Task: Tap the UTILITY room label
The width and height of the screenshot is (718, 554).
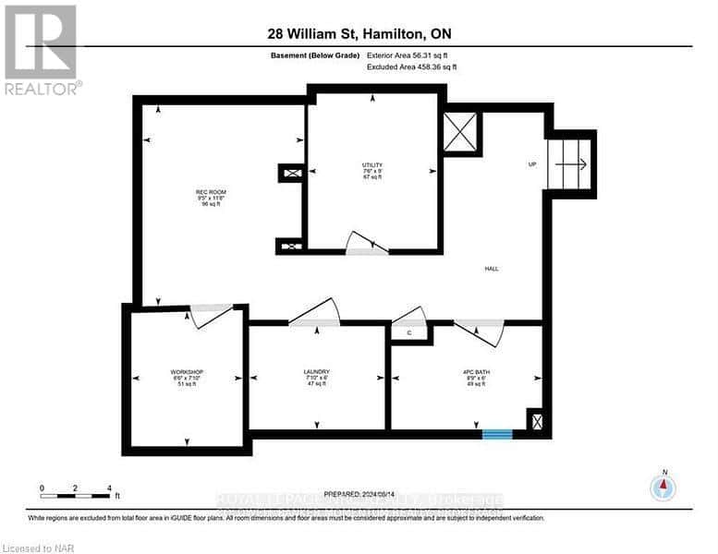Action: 372,165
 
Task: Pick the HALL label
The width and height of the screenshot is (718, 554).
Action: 492,269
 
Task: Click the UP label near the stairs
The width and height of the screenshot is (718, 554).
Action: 532,165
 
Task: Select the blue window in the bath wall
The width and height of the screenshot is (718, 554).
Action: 498,432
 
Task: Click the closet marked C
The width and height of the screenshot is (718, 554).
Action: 409,332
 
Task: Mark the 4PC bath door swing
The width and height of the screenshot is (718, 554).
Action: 480,329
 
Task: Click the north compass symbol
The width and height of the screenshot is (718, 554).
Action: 663,487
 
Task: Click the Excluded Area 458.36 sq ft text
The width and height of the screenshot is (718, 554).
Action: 413,66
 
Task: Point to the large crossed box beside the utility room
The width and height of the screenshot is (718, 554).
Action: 461,132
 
